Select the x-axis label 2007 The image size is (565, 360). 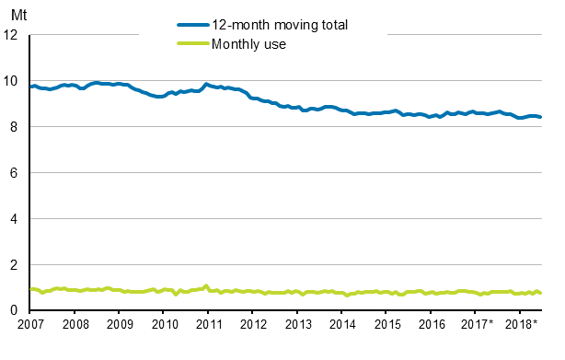pyautogui.click(x=30, y=325)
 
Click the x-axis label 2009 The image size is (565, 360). pyautogui.click(x=120, y=325)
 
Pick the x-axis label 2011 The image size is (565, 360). pyautogui.click(x=209, y=325)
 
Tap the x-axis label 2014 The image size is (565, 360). pyautogui.click(x=342, y=325)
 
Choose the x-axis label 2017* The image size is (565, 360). pyautogui.click(x=478, y=325)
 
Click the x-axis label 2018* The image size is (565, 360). pyautogui.click(x=522, y=325)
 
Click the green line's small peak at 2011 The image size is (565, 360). pyautogui.click(x=206, y=285)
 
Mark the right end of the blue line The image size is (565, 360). pyautogui.click(x=540, y=117)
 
